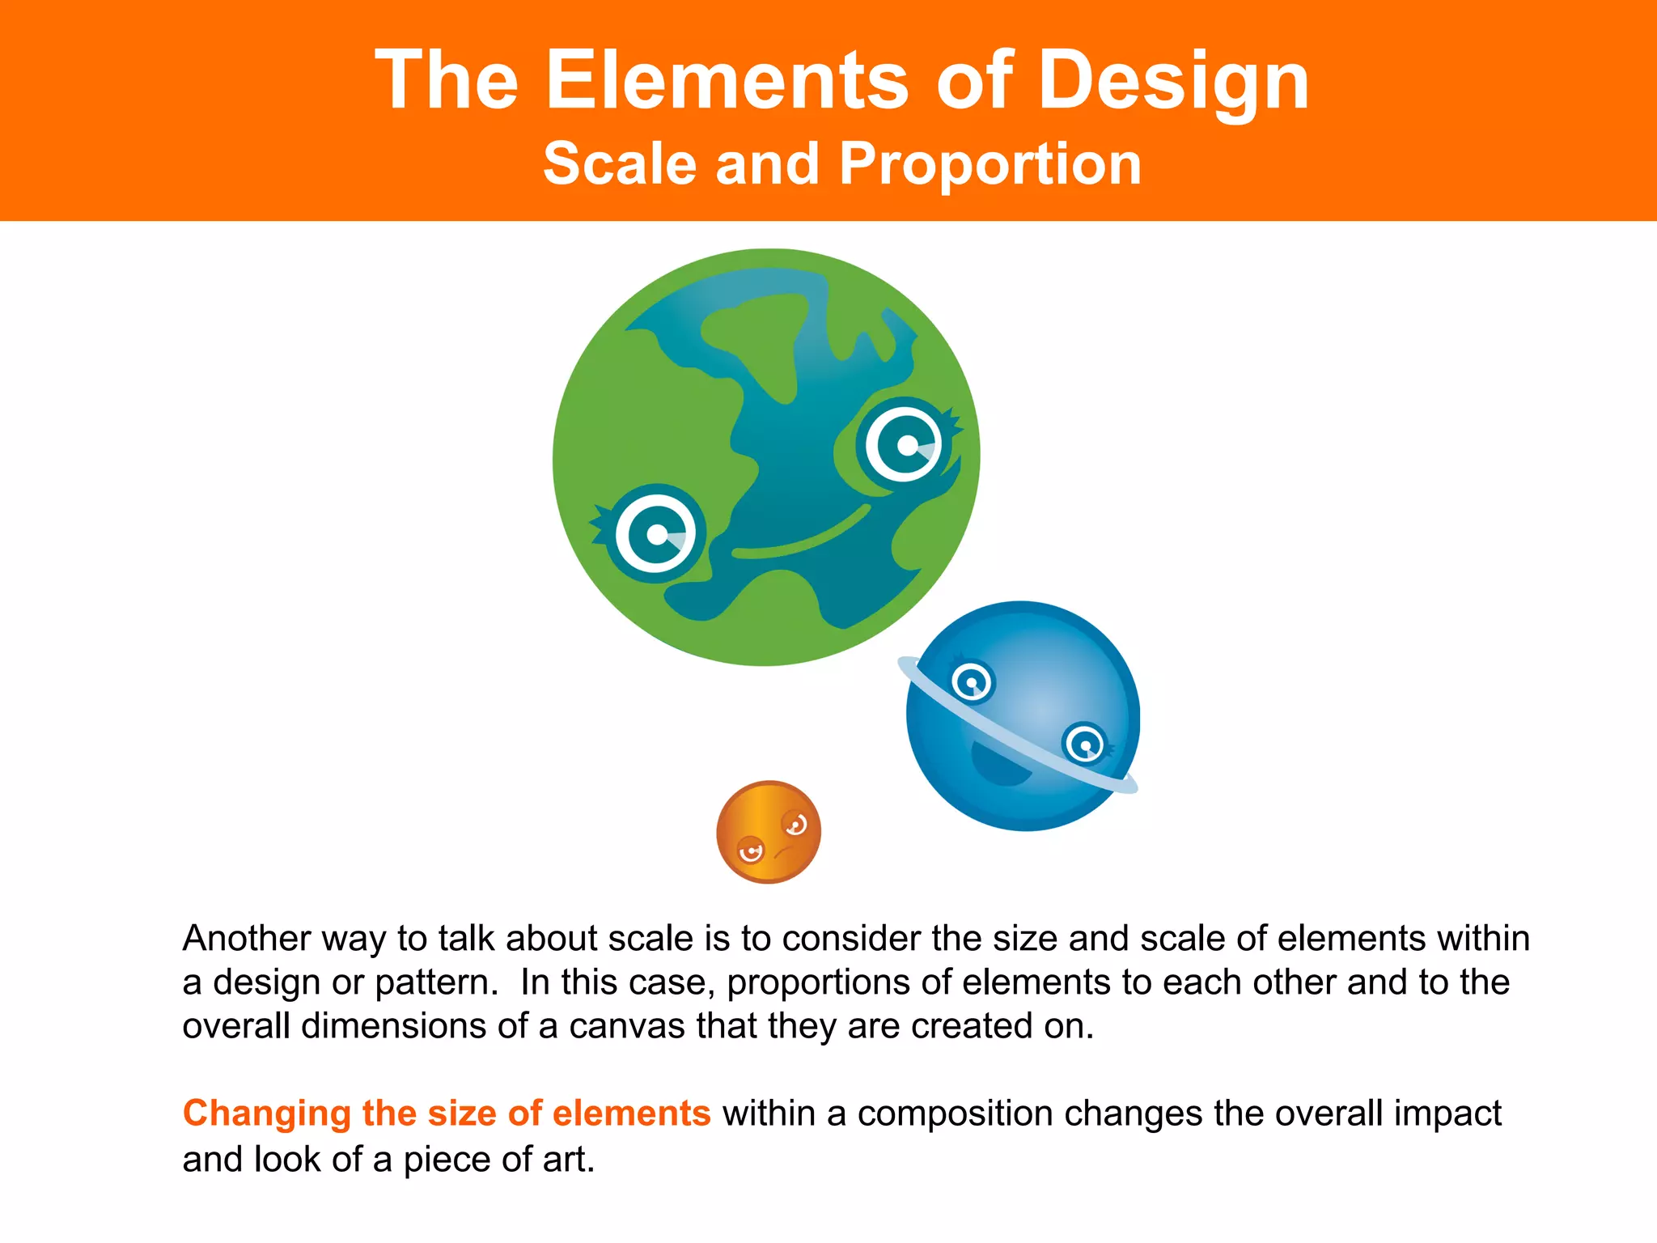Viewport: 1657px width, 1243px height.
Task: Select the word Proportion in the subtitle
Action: [x=990, y=164]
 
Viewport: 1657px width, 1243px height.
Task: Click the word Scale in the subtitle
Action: [x=620, y=164]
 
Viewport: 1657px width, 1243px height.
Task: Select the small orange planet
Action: [x=769, y=831]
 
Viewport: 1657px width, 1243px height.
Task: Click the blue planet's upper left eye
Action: [x=971, y=682]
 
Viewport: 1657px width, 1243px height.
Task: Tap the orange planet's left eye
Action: [x=751, y=850]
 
